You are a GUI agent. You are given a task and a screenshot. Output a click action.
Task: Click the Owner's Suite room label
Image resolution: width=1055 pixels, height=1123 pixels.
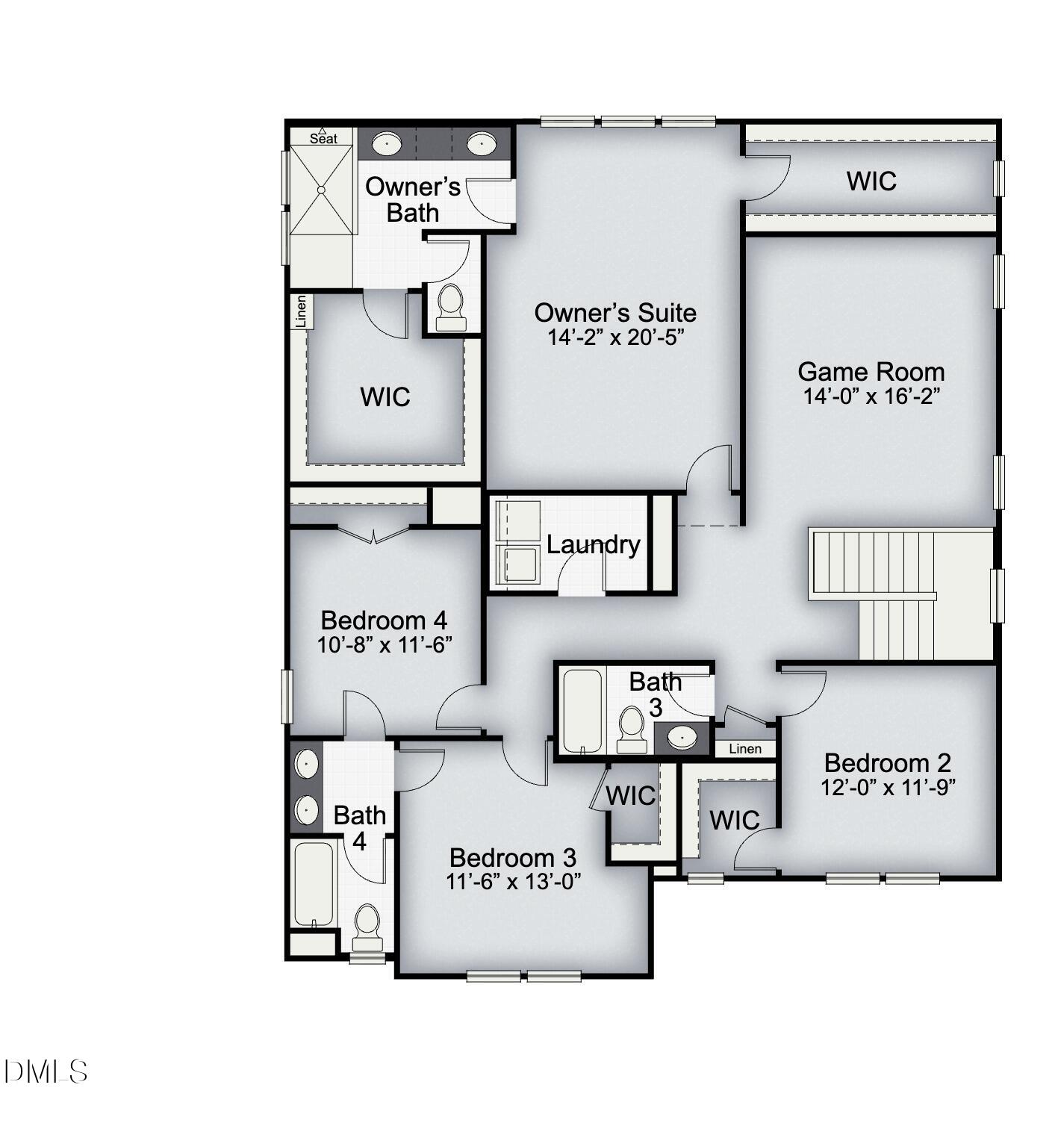615,312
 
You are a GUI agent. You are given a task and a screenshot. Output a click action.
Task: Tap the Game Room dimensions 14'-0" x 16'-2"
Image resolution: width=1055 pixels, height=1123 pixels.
871,396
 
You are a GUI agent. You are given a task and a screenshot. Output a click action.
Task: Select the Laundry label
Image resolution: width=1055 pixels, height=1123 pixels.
593,544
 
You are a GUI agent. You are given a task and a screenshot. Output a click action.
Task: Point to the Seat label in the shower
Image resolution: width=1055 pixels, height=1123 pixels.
323,138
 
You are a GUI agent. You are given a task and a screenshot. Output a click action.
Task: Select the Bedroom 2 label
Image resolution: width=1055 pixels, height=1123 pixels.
888,762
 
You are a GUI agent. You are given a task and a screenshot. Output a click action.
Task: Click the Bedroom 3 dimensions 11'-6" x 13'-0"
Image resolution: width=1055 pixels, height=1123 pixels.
513,882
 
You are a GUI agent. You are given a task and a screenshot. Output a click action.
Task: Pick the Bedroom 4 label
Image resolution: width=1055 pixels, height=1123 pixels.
384,620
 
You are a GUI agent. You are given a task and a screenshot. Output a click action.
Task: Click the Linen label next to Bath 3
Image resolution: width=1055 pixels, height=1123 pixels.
745,749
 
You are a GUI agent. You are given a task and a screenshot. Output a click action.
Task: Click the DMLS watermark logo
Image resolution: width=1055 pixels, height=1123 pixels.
46,1071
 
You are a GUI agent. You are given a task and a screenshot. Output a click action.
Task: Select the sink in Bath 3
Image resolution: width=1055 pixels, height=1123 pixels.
682,738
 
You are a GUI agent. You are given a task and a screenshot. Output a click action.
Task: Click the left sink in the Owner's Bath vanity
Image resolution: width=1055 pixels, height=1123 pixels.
386,143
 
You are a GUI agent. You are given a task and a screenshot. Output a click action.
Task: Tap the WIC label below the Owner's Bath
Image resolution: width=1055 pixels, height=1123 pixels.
385,396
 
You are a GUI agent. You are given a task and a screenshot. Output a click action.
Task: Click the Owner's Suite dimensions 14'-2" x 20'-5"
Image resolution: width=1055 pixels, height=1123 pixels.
615,337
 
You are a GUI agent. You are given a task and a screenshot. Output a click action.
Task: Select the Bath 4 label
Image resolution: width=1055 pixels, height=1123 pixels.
359,827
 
